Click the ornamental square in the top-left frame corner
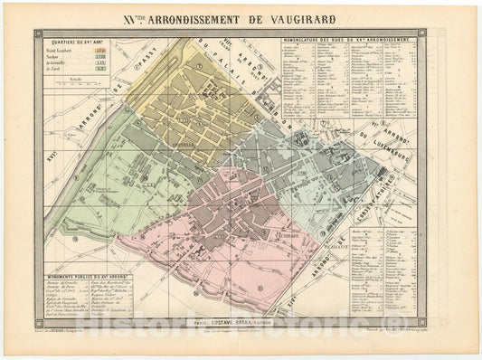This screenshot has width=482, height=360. (x=38, y=33)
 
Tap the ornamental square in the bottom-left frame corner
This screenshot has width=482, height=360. (x=38, y=318)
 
